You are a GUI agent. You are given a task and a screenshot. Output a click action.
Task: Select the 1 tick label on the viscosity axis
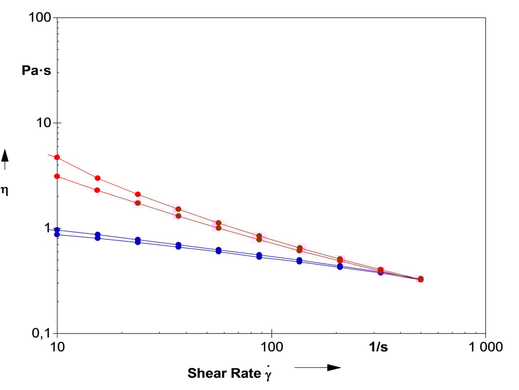[48, 228]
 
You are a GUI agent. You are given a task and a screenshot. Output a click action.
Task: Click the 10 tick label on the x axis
[57, 347]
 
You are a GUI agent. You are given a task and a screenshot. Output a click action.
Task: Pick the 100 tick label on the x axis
[272, 347]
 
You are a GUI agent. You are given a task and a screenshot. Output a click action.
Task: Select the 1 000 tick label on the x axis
[485, 347]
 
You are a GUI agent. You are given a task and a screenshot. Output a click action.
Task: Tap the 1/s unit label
[378, 347]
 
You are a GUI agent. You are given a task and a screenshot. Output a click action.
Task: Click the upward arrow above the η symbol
[4, 159]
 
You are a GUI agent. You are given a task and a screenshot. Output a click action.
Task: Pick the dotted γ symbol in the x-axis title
[268, 373]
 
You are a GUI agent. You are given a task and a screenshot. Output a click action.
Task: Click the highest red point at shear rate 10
[57, 157]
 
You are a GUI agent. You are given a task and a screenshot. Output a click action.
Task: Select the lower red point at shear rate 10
[57, 176]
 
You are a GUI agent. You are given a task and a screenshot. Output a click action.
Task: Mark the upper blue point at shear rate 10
[57, 230]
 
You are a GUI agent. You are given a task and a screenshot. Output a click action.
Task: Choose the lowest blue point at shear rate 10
[57, 234]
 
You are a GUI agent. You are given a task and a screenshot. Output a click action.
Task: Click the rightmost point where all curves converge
[420, 279]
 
